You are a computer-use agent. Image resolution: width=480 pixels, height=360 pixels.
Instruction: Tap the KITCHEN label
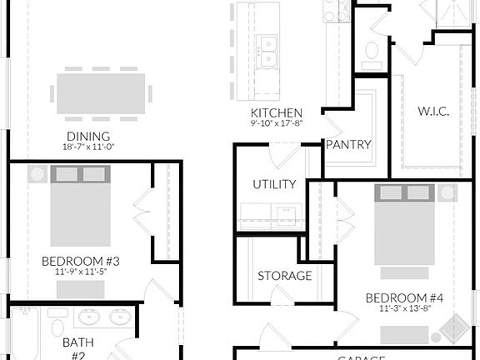[276, 112]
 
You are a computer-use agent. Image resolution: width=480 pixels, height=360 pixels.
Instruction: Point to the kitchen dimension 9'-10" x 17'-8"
[276, 124]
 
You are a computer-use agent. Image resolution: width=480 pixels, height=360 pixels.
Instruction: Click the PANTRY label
[348, 144]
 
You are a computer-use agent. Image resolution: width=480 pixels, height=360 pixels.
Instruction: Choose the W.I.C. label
[434, 110]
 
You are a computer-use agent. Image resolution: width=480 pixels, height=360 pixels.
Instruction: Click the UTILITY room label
[274, 184]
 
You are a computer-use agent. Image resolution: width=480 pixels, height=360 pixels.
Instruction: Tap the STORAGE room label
[284, 275]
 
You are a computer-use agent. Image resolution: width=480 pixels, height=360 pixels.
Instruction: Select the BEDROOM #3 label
[81, 261]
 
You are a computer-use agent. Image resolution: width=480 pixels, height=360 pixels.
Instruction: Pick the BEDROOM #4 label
[405, 297]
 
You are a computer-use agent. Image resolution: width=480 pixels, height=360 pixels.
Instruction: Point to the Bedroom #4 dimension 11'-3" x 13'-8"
[405, 308]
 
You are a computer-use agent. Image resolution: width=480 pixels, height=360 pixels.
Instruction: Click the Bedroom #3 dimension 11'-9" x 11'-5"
[81, 272]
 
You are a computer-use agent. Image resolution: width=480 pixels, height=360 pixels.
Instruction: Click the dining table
[104, 88]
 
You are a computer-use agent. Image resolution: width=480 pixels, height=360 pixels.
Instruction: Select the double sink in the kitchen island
[268, 52]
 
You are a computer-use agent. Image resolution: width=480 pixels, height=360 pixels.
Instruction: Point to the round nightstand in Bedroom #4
[448, 192]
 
